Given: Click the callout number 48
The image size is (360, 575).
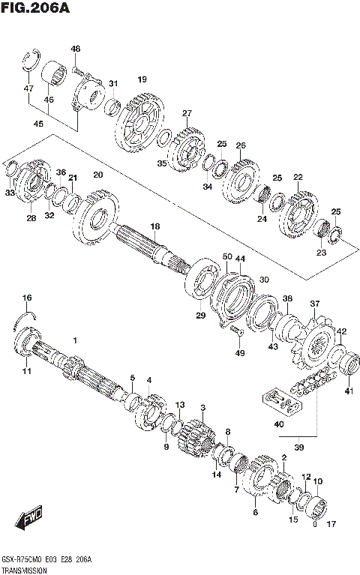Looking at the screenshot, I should [x=75, y=49].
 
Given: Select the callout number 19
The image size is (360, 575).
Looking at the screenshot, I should [x=142, y=79].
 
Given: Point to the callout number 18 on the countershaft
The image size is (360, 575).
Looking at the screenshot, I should [x=155, y=226].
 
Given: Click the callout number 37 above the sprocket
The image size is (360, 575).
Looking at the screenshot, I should [x=315, y=304].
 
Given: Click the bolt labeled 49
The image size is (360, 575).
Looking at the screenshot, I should [x=238, y=331].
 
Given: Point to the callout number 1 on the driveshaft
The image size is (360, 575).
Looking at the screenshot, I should [x=75, y=341].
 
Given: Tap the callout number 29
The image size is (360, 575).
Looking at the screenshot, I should [x=200, y=316].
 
